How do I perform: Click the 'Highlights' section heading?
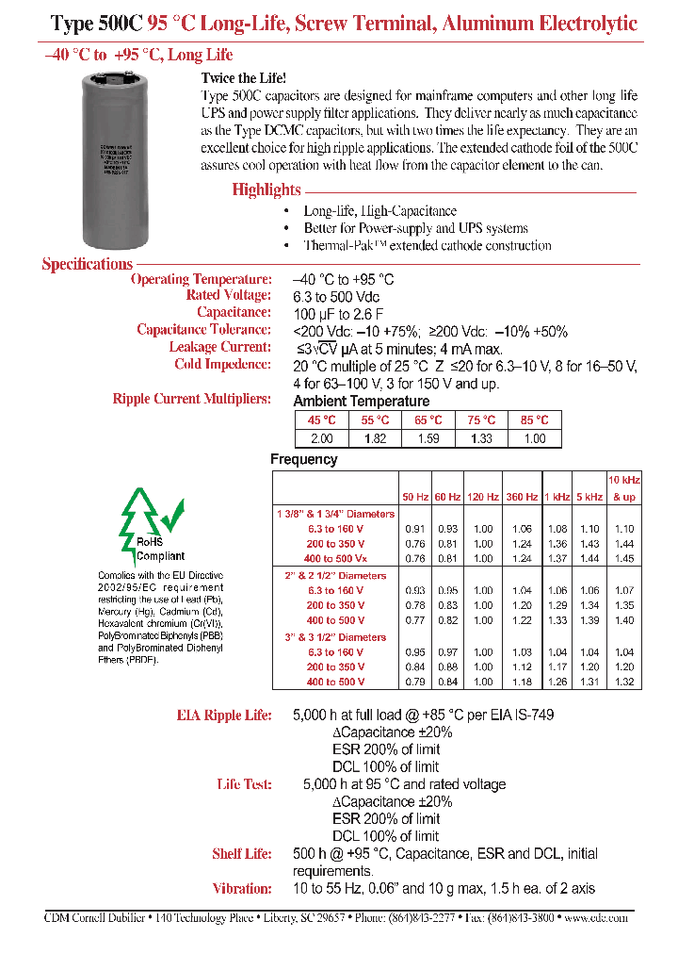pos(266,189)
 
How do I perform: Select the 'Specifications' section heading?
pos(87,264)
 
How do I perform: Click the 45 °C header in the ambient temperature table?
pos(321,420)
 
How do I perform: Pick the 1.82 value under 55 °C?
pos(375,438)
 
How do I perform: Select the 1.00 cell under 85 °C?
pos(535,438)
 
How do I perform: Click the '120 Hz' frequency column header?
pos(483,496)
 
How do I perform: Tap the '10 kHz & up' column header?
pos(623,487)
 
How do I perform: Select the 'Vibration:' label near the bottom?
pos(244,888)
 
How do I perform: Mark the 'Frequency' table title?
pos(303,459)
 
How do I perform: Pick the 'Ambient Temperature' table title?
pos(362,401)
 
